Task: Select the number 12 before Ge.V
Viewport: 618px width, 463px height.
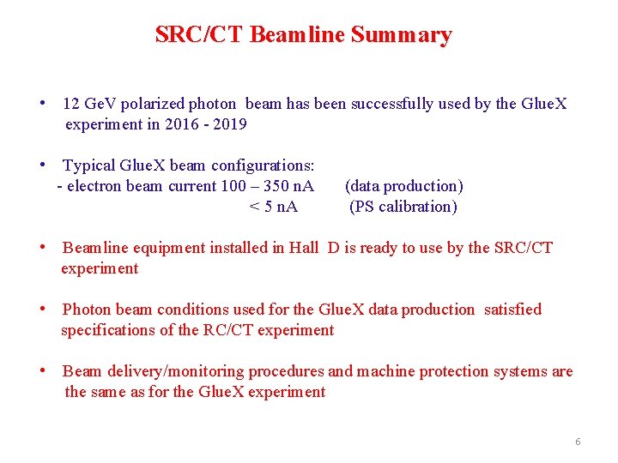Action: [x=72, y=104]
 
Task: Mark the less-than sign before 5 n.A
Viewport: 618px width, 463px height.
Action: [x=253, y=207]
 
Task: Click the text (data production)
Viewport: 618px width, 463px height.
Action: [x=403, y=186]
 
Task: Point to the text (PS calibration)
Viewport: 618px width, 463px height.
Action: [x=403, y=207]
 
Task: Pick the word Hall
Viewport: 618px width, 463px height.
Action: [x=303, y=248]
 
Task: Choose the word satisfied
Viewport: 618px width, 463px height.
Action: [x=512, y=310]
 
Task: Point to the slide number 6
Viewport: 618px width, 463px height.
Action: [x=578, y=442]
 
